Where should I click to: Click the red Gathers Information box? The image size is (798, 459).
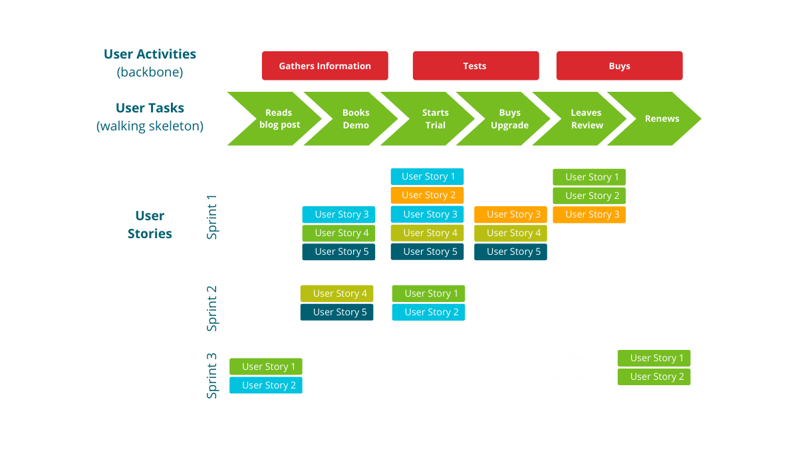click(325, 66)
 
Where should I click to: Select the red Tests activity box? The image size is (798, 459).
click(475, 66)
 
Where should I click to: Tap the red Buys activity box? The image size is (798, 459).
click(619, 66)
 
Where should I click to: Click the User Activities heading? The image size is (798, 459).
click(150, 55)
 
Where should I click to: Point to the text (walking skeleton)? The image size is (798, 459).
click(150, 126)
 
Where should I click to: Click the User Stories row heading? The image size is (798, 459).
click(150, 225)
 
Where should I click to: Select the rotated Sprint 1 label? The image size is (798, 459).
click(212, 218)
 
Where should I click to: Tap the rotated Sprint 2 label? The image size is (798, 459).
click(212, 309)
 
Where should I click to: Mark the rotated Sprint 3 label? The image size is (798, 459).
click(212, 376)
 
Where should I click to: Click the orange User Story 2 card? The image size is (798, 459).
click(427, 196)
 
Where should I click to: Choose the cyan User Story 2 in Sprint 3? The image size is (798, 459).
click(266, 385)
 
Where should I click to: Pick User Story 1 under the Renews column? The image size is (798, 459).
click(654, 358)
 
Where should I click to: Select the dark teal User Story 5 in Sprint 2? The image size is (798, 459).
click(336, 312)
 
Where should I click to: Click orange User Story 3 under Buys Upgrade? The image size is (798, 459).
click(511, 214)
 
